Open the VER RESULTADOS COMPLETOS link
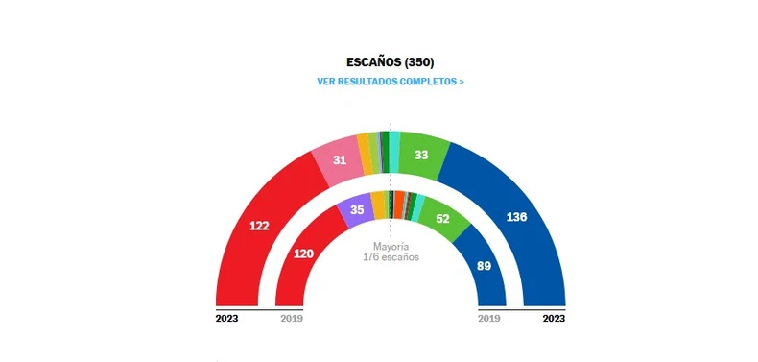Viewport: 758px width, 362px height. [390, 82]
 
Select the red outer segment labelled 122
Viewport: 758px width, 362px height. [259, 227]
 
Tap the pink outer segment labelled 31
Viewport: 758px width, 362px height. [339, 159]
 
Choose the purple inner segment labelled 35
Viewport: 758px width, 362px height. [357, 210]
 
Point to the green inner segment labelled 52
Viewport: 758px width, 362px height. [442, 218]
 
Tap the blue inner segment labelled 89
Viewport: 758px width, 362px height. [484, 265]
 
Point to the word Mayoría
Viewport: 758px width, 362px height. [391, 246]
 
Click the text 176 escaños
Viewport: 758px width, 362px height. [391, 257]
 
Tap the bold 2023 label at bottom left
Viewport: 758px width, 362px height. [227, 318]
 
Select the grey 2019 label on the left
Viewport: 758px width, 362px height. [291, 318]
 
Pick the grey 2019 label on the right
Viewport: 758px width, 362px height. [489, 318]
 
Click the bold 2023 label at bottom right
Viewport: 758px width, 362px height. [553, 318]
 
